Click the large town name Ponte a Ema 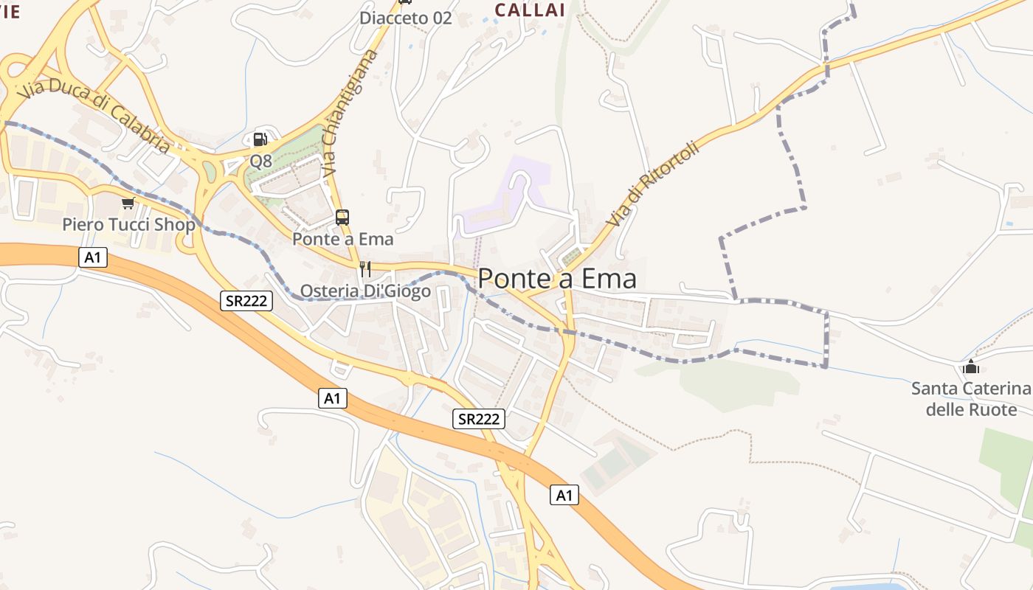pyautogui.click(x=557, y=279)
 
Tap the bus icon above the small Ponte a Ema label pyautogui.click(x=342, y=218)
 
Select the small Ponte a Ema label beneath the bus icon pyautogui.click(x=342, y=239)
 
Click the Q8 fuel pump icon pyautogui.click(x=260, y=139)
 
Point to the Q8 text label pyautogui.click(x=261, y=160)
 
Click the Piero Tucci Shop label pyautogui.click(x=128, y=224)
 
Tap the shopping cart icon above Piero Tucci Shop pyautogui.click(x=128, y=203)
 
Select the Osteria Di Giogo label pyautogui.click(x=366, y=291)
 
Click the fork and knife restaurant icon pyautogui.click(x=365, y=268)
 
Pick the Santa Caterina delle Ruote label pyautogui.click(x=971, y=399)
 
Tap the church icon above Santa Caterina pyautogui.click(x=971, y=367)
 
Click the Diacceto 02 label pyautogui.click(x=405, y=18)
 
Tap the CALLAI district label pyautogui.click(x=530, y=10)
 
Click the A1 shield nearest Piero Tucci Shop pyautogui.click(x=93, y=257)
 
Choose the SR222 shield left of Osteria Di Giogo pyautogui.click(x=246, y=300)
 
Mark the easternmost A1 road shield pyautogui.click(x=564, y=496)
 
